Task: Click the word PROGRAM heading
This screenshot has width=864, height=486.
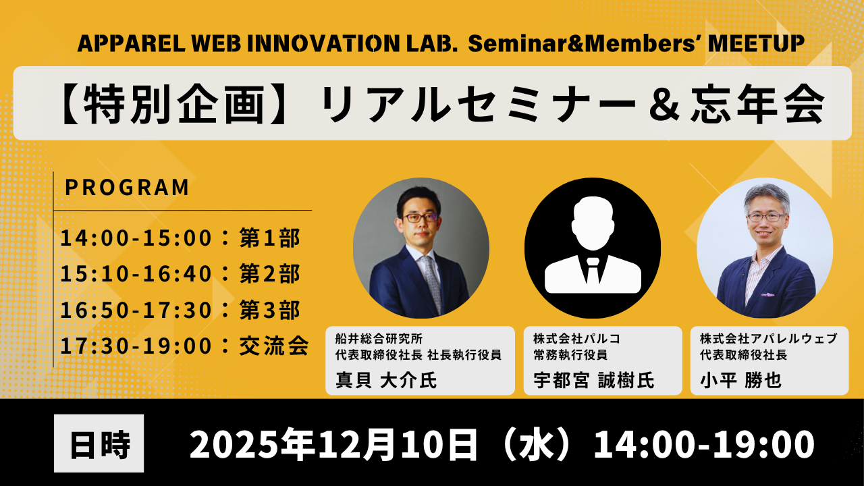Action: point(127,188)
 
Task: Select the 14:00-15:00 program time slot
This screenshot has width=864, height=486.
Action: point(136,238)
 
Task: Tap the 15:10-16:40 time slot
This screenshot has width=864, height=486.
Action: point(136,273)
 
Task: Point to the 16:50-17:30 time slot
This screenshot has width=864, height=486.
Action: point(136,310)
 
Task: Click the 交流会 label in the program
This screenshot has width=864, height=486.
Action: point(274,346)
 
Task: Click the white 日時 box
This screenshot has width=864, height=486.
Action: point(99,443)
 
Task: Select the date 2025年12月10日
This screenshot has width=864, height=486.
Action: point(333,444)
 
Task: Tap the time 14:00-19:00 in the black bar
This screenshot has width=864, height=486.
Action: point(704,444)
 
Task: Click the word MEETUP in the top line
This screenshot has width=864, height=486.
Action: point(757,43)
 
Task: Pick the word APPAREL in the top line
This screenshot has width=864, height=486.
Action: point(132,43)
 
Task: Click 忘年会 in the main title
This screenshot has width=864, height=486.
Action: point(757,104)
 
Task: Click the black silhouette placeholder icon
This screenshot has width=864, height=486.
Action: point(593,248)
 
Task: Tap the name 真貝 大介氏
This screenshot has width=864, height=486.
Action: point(386,380)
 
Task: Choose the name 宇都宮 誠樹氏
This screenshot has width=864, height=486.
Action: point(594,380)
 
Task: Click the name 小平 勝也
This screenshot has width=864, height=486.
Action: point(740,380)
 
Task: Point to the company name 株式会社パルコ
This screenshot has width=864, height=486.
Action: point(576,339)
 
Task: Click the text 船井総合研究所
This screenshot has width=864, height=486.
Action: point(379,339)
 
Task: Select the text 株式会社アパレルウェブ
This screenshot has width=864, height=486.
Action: point(769,339)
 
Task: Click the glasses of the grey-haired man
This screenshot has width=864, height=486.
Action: point(765,217)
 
